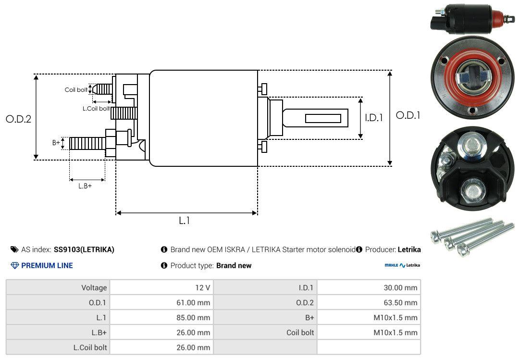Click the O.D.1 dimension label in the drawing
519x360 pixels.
click(x=408, y=115)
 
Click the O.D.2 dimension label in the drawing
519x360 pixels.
click(x=18, y=119)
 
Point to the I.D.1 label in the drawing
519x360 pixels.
click(x=374, y=117)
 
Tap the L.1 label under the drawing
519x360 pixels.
click(x=185, y=221)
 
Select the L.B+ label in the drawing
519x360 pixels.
click(x=85, y=186)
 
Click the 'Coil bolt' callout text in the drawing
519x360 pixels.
click(x=76, y=90)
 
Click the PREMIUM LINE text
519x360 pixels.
click(x=47, y=265)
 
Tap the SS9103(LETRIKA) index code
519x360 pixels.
click(x=84, y=249)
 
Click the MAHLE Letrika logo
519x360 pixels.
click(x=402, y=265)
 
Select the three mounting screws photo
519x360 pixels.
click(x=471, y=236)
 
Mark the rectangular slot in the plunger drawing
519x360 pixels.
click(x=323, y=118)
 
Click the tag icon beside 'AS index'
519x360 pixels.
click(x=14, y=249)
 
